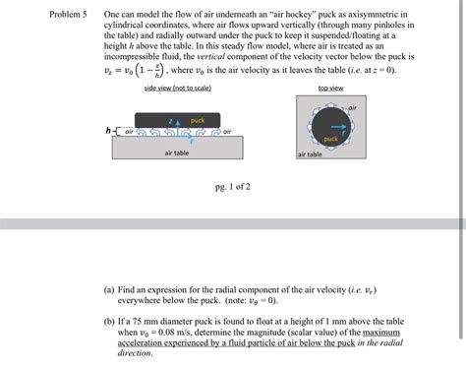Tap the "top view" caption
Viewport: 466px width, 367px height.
click(330, 88)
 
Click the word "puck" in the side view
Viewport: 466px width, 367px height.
click(197, 119)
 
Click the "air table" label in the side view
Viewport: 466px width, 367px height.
click(177, 153)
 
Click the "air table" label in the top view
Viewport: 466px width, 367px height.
click(310, 154)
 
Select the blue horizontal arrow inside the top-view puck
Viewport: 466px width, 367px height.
click(337, 128)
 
